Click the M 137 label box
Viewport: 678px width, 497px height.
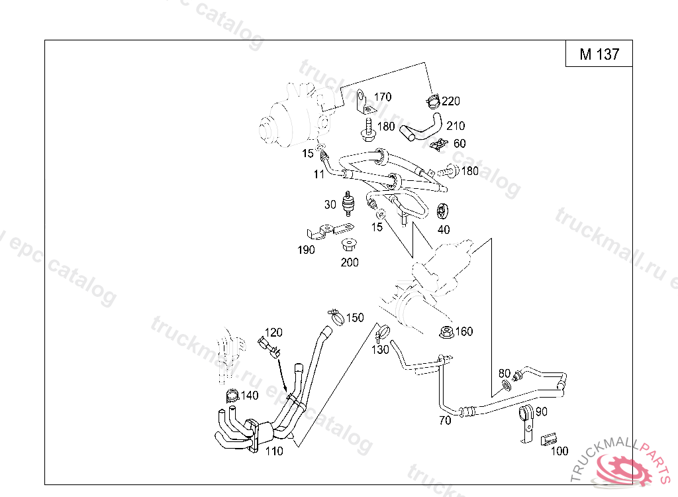[599, 54]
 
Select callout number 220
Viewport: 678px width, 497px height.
[451, 101]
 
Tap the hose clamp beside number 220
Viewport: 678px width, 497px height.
[433, 101]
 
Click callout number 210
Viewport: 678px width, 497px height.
[456, 126]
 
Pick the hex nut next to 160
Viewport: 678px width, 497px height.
[446, 333]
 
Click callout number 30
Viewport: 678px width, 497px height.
[330, 204]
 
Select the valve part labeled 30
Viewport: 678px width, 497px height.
[348, 203]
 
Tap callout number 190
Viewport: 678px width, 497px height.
[306, 250]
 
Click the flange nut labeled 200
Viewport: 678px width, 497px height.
[348, 245]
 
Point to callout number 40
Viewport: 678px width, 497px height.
[444, 229]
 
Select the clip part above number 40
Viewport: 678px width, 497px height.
[442, 211]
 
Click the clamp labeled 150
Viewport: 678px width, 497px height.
[336, 317]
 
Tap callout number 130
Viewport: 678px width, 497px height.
[381, 349]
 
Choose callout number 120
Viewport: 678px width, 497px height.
[273, 333]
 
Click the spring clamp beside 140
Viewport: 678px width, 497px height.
[232, 395]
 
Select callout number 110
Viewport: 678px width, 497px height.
[274, 451]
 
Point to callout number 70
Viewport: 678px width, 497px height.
[445, 420]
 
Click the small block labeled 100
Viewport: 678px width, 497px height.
[548, 439]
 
